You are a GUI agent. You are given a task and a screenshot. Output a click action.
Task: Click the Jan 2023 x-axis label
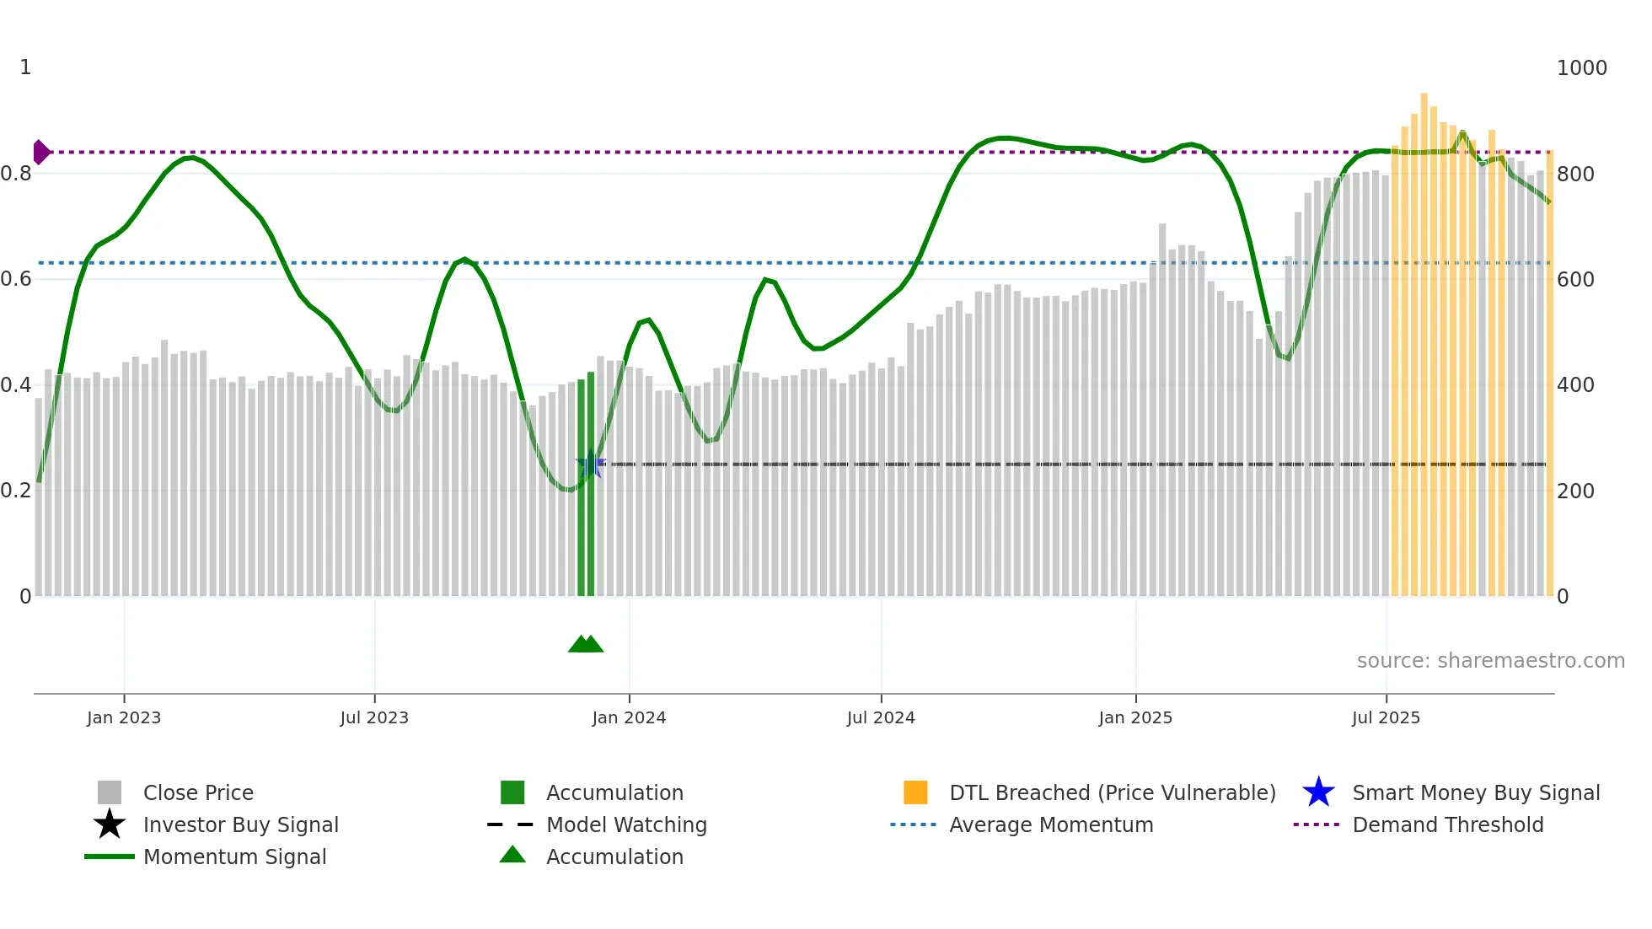(x=123, y=718)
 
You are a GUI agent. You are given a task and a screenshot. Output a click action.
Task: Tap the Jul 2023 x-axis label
(x=374, y=718)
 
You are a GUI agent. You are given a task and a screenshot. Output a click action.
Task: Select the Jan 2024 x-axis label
(x=629, y=718)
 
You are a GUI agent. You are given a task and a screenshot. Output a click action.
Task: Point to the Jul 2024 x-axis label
(x=881, y=718)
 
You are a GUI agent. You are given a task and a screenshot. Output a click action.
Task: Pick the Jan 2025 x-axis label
(x=1135, y=718)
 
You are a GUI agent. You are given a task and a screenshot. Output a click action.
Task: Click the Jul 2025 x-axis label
(x=1386, y=718)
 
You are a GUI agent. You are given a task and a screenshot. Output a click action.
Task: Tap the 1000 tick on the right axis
(x=1581, y=68)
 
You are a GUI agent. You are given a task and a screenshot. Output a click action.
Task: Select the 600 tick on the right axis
(x=1575, y=280)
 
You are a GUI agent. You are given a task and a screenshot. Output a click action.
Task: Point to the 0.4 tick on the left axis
(x=16, y=385)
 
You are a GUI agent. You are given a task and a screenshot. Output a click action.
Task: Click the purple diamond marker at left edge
(x=40, y=153)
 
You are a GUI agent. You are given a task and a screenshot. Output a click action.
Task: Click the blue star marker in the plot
(x=590, y=464)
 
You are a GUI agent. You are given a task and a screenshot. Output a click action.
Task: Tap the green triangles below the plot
(x=586, y=644)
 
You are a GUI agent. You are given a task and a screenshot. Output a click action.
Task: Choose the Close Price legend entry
(x=198, y=793)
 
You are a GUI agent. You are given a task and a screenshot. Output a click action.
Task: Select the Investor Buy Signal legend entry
(x=240, y=825)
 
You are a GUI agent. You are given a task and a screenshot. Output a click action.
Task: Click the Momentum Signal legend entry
(x=234, y=857)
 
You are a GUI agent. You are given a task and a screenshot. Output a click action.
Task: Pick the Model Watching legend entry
(x=626, y=825)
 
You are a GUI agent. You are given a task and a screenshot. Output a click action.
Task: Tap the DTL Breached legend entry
(x=1112, y=793)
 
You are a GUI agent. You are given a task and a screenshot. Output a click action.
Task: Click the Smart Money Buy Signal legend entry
(x=1475, y=793)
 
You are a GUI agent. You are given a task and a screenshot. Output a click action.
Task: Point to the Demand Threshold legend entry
(x=1447, y=825)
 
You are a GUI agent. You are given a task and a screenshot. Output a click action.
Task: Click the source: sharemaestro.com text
(x=1490, y=661)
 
